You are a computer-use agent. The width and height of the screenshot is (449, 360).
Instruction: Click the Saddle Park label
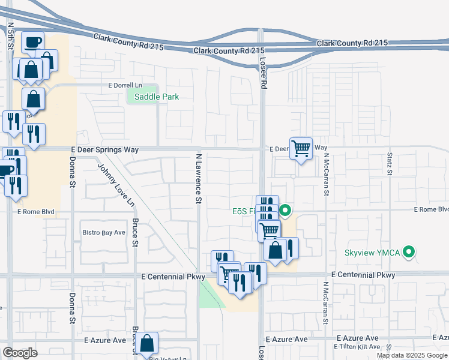(x=156, y=97)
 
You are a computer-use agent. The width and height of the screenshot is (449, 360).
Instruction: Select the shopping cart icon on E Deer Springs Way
(x=301, y=148)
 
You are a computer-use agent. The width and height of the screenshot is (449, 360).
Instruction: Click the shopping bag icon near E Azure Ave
(x=146, y=344)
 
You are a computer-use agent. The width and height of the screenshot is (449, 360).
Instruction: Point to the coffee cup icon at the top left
(x=33, y=42)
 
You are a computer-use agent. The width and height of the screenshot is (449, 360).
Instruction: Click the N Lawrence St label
(x=198, y=178)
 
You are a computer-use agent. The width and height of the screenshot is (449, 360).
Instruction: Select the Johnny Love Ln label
(x=115, y=185)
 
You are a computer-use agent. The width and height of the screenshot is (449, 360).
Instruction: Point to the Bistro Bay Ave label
(x=103, y=232)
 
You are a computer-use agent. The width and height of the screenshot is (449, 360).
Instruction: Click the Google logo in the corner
(x=20, y=353)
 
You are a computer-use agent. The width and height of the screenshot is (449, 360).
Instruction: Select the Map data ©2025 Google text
(x=412, y=355)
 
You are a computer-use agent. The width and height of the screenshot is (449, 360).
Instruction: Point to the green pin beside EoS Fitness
(x=286, y=211)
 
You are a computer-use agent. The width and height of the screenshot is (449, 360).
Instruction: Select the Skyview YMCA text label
(x=372, y=252)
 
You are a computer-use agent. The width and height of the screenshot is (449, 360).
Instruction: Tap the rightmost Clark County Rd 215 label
(x=352, y=43)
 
